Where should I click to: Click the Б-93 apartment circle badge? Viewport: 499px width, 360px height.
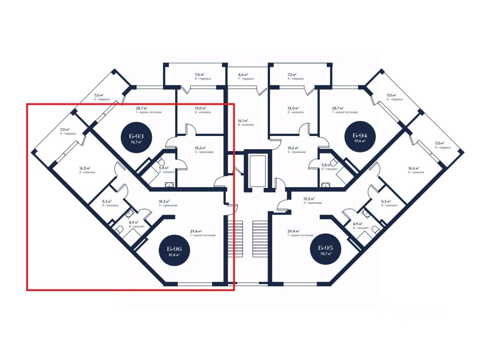pos(136,138)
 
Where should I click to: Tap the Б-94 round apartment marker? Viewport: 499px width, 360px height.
pos(360,138)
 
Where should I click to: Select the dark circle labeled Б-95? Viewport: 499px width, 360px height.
pos(325,250)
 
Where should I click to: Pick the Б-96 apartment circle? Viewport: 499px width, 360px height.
pos(174,250)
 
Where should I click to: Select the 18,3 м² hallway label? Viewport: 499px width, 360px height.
pos(168,203)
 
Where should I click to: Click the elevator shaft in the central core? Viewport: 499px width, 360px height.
pos(255,170)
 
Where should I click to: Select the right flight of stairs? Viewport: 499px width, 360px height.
pos(260,238)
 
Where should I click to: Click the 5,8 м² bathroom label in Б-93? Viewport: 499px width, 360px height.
pos(164,170)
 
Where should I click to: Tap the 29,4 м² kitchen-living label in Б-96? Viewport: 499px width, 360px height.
pos(203,233)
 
